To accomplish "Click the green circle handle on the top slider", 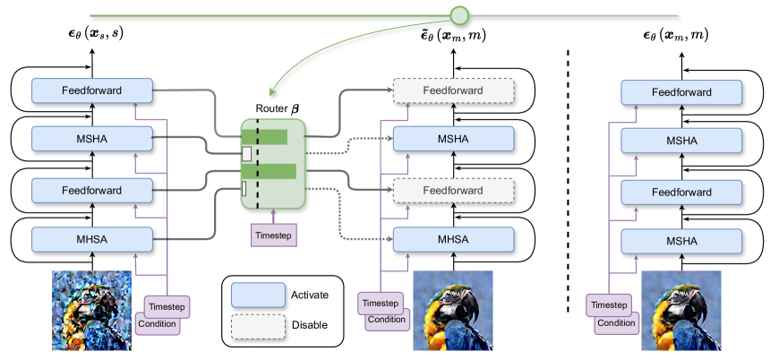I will pos(459,15).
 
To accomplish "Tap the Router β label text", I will pos(271,107).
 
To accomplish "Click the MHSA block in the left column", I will pos(91,239).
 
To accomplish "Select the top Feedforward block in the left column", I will pos(91,90).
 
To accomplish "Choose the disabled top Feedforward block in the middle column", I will pos(453,90).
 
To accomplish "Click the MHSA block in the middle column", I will pos(453,239).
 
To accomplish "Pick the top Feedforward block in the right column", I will pos(681,90).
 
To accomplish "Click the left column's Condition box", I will pos(158,323).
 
